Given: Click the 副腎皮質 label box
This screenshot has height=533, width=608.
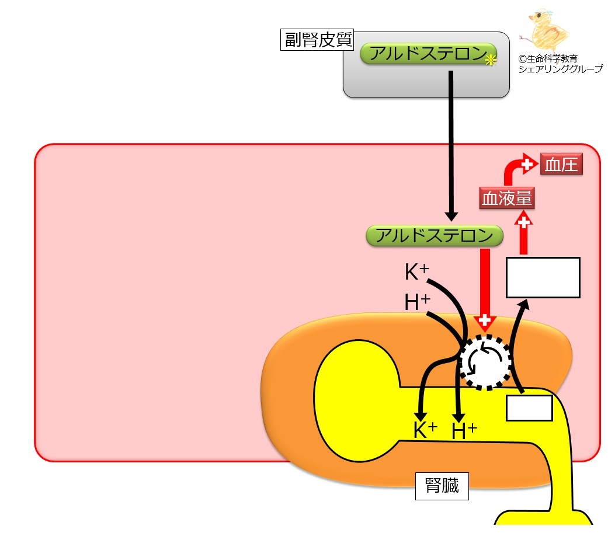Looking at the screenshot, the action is pos(317,40).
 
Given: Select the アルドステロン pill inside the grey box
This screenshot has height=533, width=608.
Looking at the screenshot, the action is pos(428,54).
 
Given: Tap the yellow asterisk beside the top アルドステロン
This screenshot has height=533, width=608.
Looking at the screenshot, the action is pos(491,60).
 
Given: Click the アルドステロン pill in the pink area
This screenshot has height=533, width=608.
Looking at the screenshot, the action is pos(435,236).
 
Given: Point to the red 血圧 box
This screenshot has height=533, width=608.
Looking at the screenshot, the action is pos(561,165).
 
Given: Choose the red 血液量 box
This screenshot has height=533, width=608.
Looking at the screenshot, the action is pos(507,198).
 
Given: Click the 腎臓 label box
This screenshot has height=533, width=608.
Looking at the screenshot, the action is pos(442,486).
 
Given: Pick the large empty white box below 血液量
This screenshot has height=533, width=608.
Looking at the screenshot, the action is pos(543,277).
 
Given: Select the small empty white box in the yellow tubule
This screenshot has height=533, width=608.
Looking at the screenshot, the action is pos(529,408).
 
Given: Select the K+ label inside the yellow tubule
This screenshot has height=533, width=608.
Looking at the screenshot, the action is pos(425,430).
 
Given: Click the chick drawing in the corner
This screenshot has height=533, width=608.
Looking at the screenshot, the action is pos(545,32).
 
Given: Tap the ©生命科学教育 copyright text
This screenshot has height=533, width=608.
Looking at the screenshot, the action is pos(548,59).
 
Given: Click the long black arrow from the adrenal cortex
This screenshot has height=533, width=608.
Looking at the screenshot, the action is pos(451,146).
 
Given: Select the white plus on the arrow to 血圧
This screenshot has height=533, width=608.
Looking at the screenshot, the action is pos(527,165).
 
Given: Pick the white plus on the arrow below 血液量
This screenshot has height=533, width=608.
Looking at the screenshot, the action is pos(524,222).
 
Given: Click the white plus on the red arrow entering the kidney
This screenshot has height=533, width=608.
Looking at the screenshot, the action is pos(484,320).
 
